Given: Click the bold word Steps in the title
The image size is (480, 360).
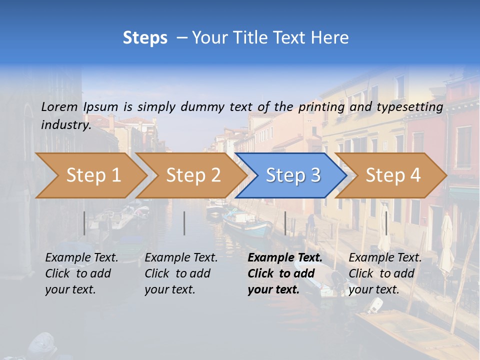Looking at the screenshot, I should tap(145, 38).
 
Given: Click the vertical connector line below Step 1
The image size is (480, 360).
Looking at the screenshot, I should tap(84, 223).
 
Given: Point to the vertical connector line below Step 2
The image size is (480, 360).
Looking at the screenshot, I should tap(184, 223).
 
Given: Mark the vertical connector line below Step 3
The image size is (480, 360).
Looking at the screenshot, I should tap(285, 223).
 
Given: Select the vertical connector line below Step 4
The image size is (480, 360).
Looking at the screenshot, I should tap(386, 223).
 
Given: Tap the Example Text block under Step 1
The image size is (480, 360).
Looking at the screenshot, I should tap(81, 273).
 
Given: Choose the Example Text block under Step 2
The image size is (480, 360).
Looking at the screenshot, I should tap(181, 273).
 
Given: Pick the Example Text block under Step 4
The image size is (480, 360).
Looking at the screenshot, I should tap(385, 273).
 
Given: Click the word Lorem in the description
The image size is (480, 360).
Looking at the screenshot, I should tap(59, 106).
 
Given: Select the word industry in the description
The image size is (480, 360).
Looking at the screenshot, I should tap(65, 125).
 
